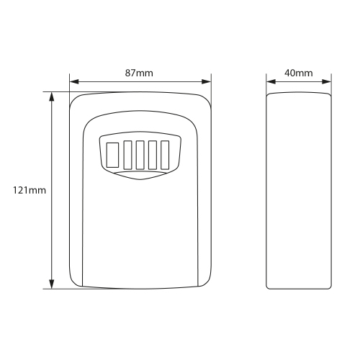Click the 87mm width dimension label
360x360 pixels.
tap(139, 73)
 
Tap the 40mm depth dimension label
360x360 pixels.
tap(299, 73)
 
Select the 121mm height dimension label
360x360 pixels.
tap(30, 190)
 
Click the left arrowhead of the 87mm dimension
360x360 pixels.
tap(74, 82)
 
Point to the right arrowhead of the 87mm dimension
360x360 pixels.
tap(207, 82)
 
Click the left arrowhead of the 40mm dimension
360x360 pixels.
tap(271, 82)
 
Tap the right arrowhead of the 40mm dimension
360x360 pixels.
tap(327, 82)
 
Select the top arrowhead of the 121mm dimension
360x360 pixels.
tap(52, 96)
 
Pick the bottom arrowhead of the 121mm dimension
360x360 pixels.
tap(52, 284)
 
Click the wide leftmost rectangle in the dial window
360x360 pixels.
tap(112, 155)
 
